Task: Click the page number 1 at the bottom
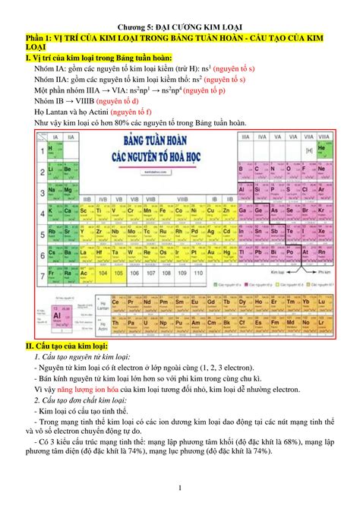click(x=180, y=488)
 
